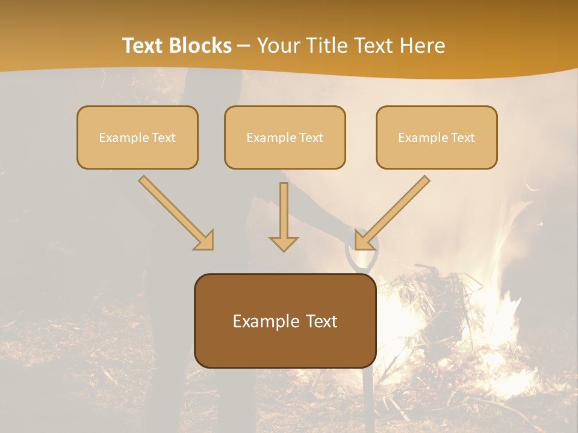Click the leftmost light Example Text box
click(137, 137)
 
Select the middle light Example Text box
click(285, 137)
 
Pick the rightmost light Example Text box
click(437, 137)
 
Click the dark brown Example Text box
click(285, 321)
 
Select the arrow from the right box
click(394, 210)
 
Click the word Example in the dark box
click(260, 321)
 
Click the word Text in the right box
click(463, 138)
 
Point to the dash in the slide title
click(244, 46)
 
